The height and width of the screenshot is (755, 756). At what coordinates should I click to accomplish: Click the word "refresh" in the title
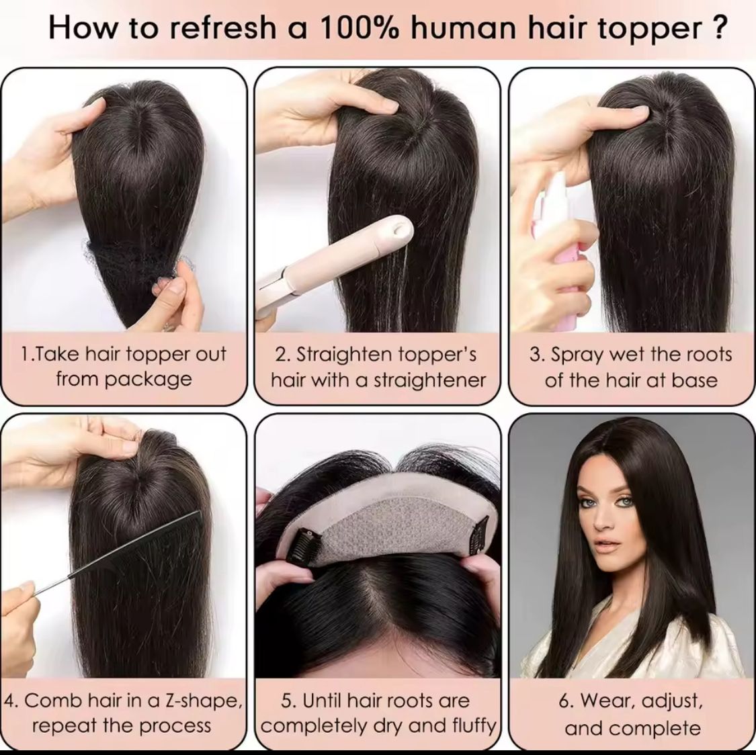pos(222,28)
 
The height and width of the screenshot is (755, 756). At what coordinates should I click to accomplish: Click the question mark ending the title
pos(718,28)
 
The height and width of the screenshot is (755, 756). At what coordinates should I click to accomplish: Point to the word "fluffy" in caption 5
pos(474,725)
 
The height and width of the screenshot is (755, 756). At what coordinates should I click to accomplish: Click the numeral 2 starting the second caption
pos(280,355)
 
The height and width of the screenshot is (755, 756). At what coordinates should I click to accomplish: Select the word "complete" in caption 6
pos(657,729)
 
